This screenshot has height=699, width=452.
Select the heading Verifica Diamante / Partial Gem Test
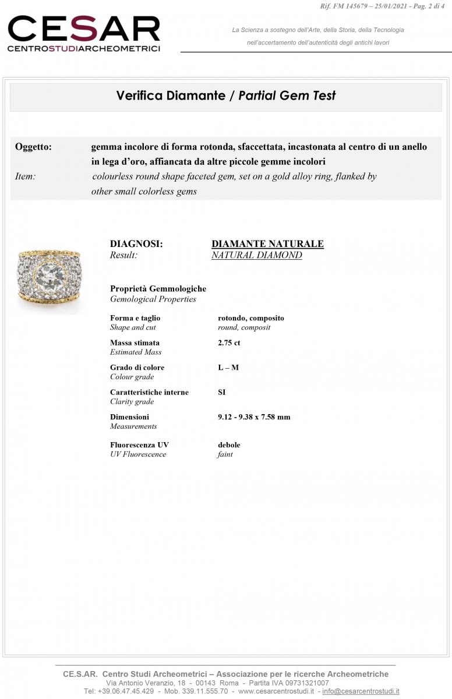226,96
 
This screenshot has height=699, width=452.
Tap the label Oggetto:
33,147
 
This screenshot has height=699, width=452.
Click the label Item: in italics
25,176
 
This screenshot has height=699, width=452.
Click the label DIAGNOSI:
136,244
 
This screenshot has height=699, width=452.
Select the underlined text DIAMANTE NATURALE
267,244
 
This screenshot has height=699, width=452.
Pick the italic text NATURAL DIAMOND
256,255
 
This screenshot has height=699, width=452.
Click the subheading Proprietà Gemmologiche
158,288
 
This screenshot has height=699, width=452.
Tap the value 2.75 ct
229,343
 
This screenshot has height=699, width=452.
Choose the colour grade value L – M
228,368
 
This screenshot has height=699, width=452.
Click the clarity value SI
222,392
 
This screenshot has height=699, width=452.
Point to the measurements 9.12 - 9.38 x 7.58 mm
254,416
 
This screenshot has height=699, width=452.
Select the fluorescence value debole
229,444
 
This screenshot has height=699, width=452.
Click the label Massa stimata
135,343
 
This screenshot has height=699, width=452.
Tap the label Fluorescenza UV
139,444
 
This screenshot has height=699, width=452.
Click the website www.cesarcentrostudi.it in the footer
276,691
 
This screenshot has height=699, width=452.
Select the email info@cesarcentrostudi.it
361,691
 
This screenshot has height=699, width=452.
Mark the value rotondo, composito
251,318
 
